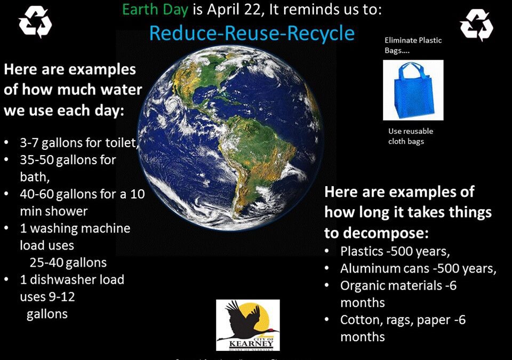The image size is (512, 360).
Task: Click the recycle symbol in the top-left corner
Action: (x=35, y=22)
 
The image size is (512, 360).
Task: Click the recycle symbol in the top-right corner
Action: (x=476, y=25)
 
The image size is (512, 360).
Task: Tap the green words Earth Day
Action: (x=155, y=10)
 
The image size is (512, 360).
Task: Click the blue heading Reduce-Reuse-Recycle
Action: (x=252, y=33)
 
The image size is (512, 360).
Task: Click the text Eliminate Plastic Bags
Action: (x=413, y=45)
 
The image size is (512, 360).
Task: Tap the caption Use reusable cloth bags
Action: (x=411, y=136)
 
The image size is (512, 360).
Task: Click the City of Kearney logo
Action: (x=247, y=324)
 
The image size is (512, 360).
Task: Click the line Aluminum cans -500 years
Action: (x=418, y=268)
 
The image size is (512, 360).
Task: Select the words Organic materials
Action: (x=391, y=285)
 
